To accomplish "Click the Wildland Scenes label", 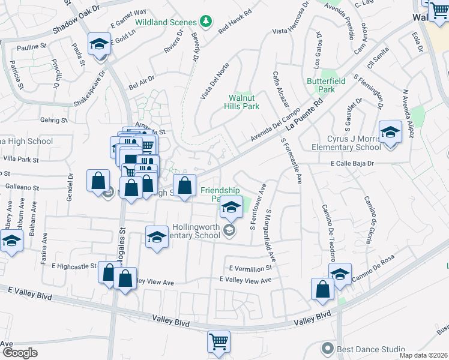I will pos(166,22).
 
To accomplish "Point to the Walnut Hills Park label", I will pos(244,102).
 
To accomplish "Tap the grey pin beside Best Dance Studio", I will pos(327,348).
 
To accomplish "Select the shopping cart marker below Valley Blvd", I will pos(218,341).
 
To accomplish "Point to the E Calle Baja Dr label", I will pos(351,163).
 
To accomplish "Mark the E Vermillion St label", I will pos(250,268).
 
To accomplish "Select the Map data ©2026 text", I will pos(423,355).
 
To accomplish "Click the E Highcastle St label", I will pos(74,265).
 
